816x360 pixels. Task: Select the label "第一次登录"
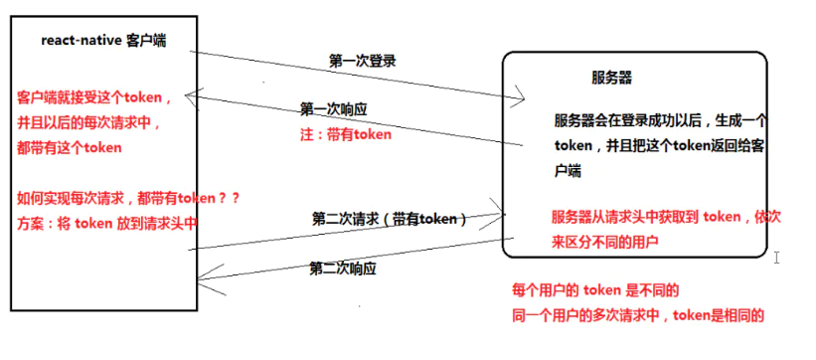tap(363, 61)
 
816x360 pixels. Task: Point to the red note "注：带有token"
tap(346, 134)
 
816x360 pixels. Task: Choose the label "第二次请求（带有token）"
tap(389, 218)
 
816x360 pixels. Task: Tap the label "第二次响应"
tap(343, 269)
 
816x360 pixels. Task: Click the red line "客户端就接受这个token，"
tap(95, 97)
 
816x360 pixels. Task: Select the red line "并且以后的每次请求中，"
tap(88, 122)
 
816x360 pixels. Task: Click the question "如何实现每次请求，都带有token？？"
tap(128, 198)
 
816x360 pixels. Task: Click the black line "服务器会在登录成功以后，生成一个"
tap(660, 120)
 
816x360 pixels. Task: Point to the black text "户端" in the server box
tap(567, 171)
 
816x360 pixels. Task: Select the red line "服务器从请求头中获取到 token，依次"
tap(661, 217)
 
